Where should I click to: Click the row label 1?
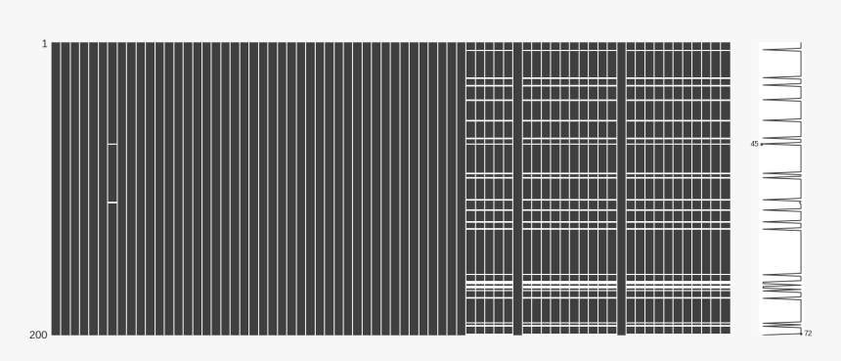(43, 44)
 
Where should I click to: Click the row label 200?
(38, 335)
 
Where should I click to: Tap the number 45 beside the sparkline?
(754, 144)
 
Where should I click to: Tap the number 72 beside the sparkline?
(808, 334)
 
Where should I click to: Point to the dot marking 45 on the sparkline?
(761, 144)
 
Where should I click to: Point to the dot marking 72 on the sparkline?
(801, 333)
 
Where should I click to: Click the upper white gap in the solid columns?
(112, 144)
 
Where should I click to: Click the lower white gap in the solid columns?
(112, 203)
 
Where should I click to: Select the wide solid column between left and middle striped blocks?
(517, 186)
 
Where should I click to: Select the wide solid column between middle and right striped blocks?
(621, 186)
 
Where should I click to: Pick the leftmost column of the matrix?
(55, 186)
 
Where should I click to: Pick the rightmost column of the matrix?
(726, 186)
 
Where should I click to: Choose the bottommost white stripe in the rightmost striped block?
(678, 326)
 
